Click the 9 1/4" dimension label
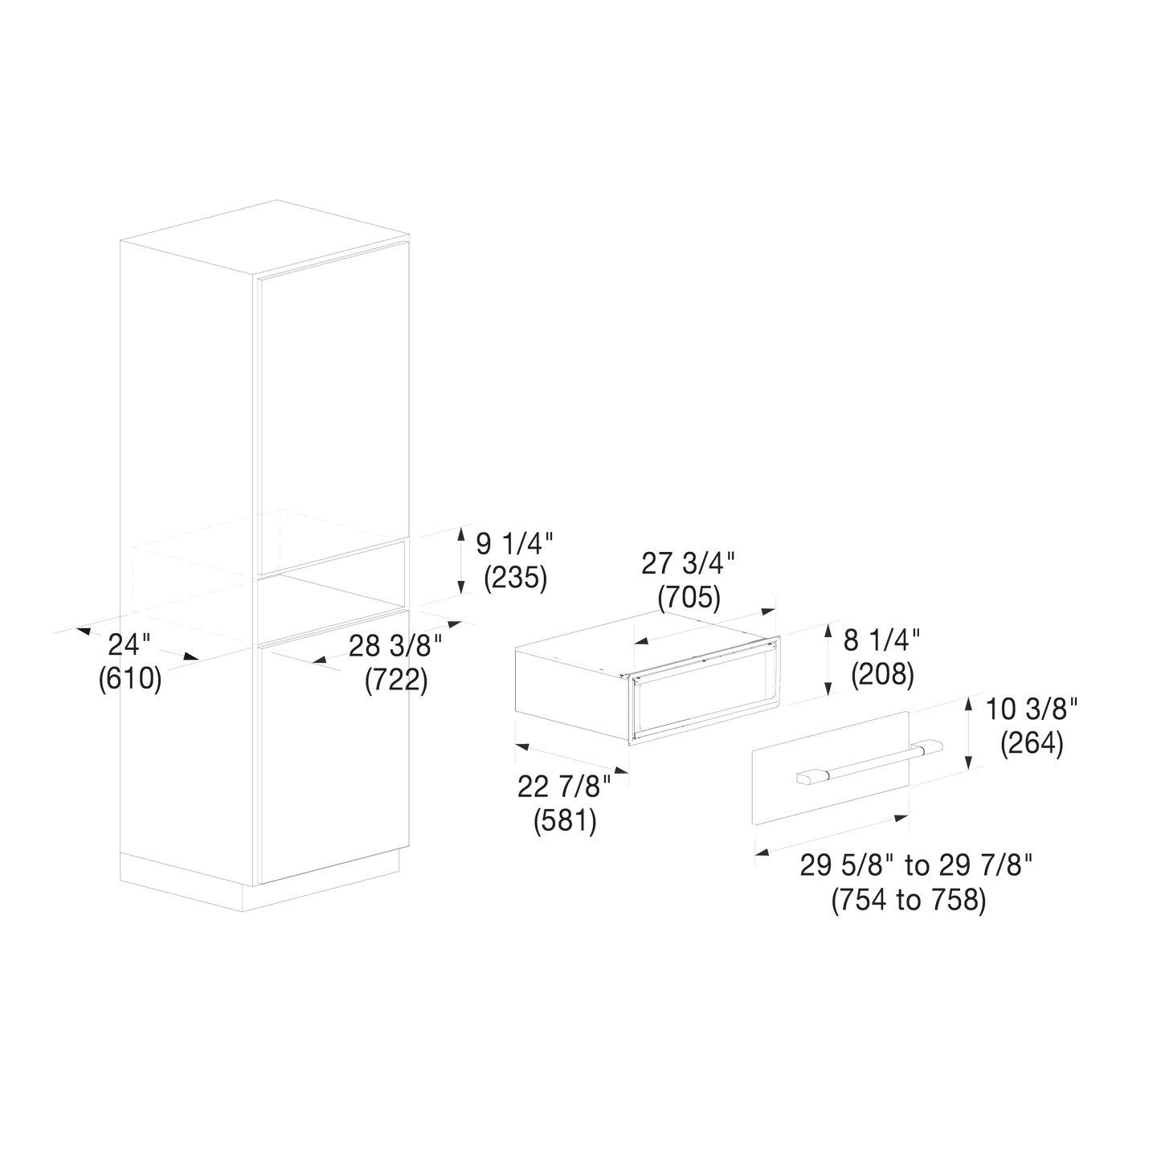[x=514, y=544]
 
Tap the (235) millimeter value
[x=516, y=578]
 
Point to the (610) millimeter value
[x=130, y=679]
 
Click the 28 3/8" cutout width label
[x=395, y=646]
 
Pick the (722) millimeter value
[x=396, y=681]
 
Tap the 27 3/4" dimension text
[x=688, y=563]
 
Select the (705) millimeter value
[x=689, y=598]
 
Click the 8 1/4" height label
[x=881, y=640]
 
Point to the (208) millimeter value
[x=883, y=674]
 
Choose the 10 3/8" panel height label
[x=1031, y=709]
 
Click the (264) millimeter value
[x=1032, y=743]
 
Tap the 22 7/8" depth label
[x=564, y=787]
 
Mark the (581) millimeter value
[x=565, y=821]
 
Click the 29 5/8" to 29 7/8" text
[x=917, y=866]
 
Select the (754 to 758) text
[x=909, y=900]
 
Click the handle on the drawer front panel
[x=869, y=762]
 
